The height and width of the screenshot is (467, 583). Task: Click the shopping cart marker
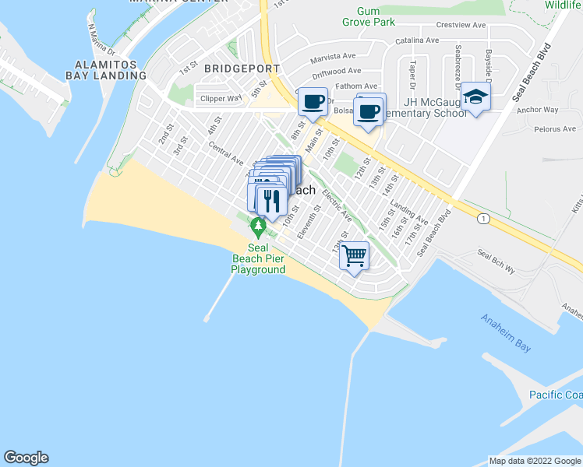355,255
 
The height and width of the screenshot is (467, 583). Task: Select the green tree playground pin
258,227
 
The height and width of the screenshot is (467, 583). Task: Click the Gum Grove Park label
369,16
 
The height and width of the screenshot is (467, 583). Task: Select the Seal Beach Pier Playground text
258,258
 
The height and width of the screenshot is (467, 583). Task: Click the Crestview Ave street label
461,25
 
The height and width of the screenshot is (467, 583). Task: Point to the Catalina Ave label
418,40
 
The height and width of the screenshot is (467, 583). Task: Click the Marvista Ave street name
333,56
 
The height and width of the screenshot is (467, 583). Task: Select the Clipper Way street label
221,99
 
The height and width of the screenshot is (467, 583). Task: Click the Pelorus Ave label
558,128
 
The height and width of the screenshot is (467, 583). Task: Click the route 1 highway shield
485,219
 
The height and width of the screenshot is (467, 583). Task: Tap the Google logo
26,458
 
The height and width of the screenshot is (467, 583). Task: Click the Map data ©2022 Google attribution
535,461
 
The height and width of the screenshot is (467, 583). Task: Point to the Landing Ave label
409,214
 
